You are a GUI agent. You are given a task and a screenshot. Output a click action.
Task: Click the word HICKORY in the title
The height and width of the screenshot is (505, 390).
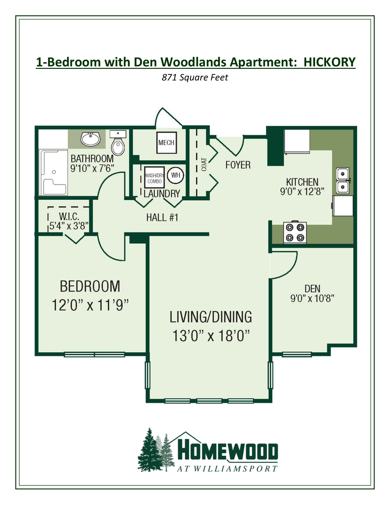point(329,62)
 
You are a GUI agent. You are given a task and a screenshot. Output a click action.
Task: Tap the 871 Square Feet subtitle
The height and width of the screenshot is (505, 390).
point(195,78)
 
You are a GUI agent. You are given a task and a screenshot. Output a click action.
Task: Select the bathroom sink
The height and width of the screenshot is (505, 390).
point(91,140)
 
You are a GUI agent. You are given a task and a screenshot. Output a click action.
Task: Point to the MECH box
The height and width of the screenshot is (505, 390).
point(166,143)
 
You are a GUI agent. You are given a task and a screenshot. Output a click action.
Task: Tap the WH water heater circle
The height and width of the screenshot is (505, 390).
point(175,175)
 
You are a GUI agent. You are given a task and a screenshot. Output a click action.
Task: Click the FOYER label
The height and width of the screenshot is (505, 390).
point(238,165)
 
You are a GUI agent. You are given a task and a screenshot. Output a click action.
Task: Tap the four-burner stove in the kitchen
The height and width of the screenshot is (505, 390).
point(295,233)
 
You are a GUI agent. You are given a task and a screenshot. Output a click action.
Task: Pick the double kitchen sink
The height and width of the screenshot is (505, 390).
point(343,181)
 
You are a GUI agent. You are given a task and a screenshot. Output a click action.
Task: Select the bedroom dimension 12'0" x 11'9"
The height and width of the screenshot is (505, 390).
point(90,305)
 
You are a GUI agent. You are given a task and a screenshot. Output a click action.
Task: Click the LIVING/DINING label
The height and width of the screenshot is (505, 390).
point(211,317)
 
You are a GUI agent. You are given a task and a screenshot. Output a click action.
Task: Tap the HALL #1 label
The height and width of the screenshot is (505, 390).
point(162,217)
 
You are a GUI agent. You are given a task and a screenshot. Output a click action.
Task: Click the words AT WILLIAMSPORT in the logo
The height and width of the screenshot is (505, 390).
point(228,468)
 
